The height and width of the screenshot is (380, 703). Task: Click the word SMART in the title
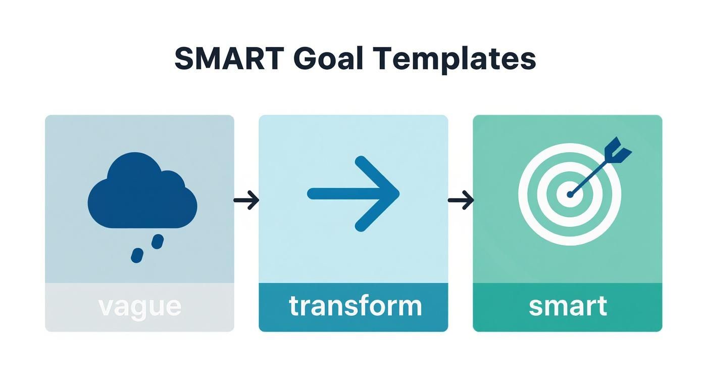(229, 59)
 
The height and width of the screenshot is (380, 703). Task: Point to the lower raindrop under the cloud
(136, 255)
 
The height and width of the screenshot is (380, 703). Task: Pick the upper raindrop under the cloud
(158, 241)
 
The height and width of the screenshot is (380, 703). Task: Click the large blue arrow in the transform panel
(353, 194)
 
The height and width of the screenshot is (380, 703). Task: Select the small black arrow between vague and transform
(246, 201)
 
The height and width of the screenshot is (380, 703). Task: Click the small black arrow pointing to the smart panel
(461, 201)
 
